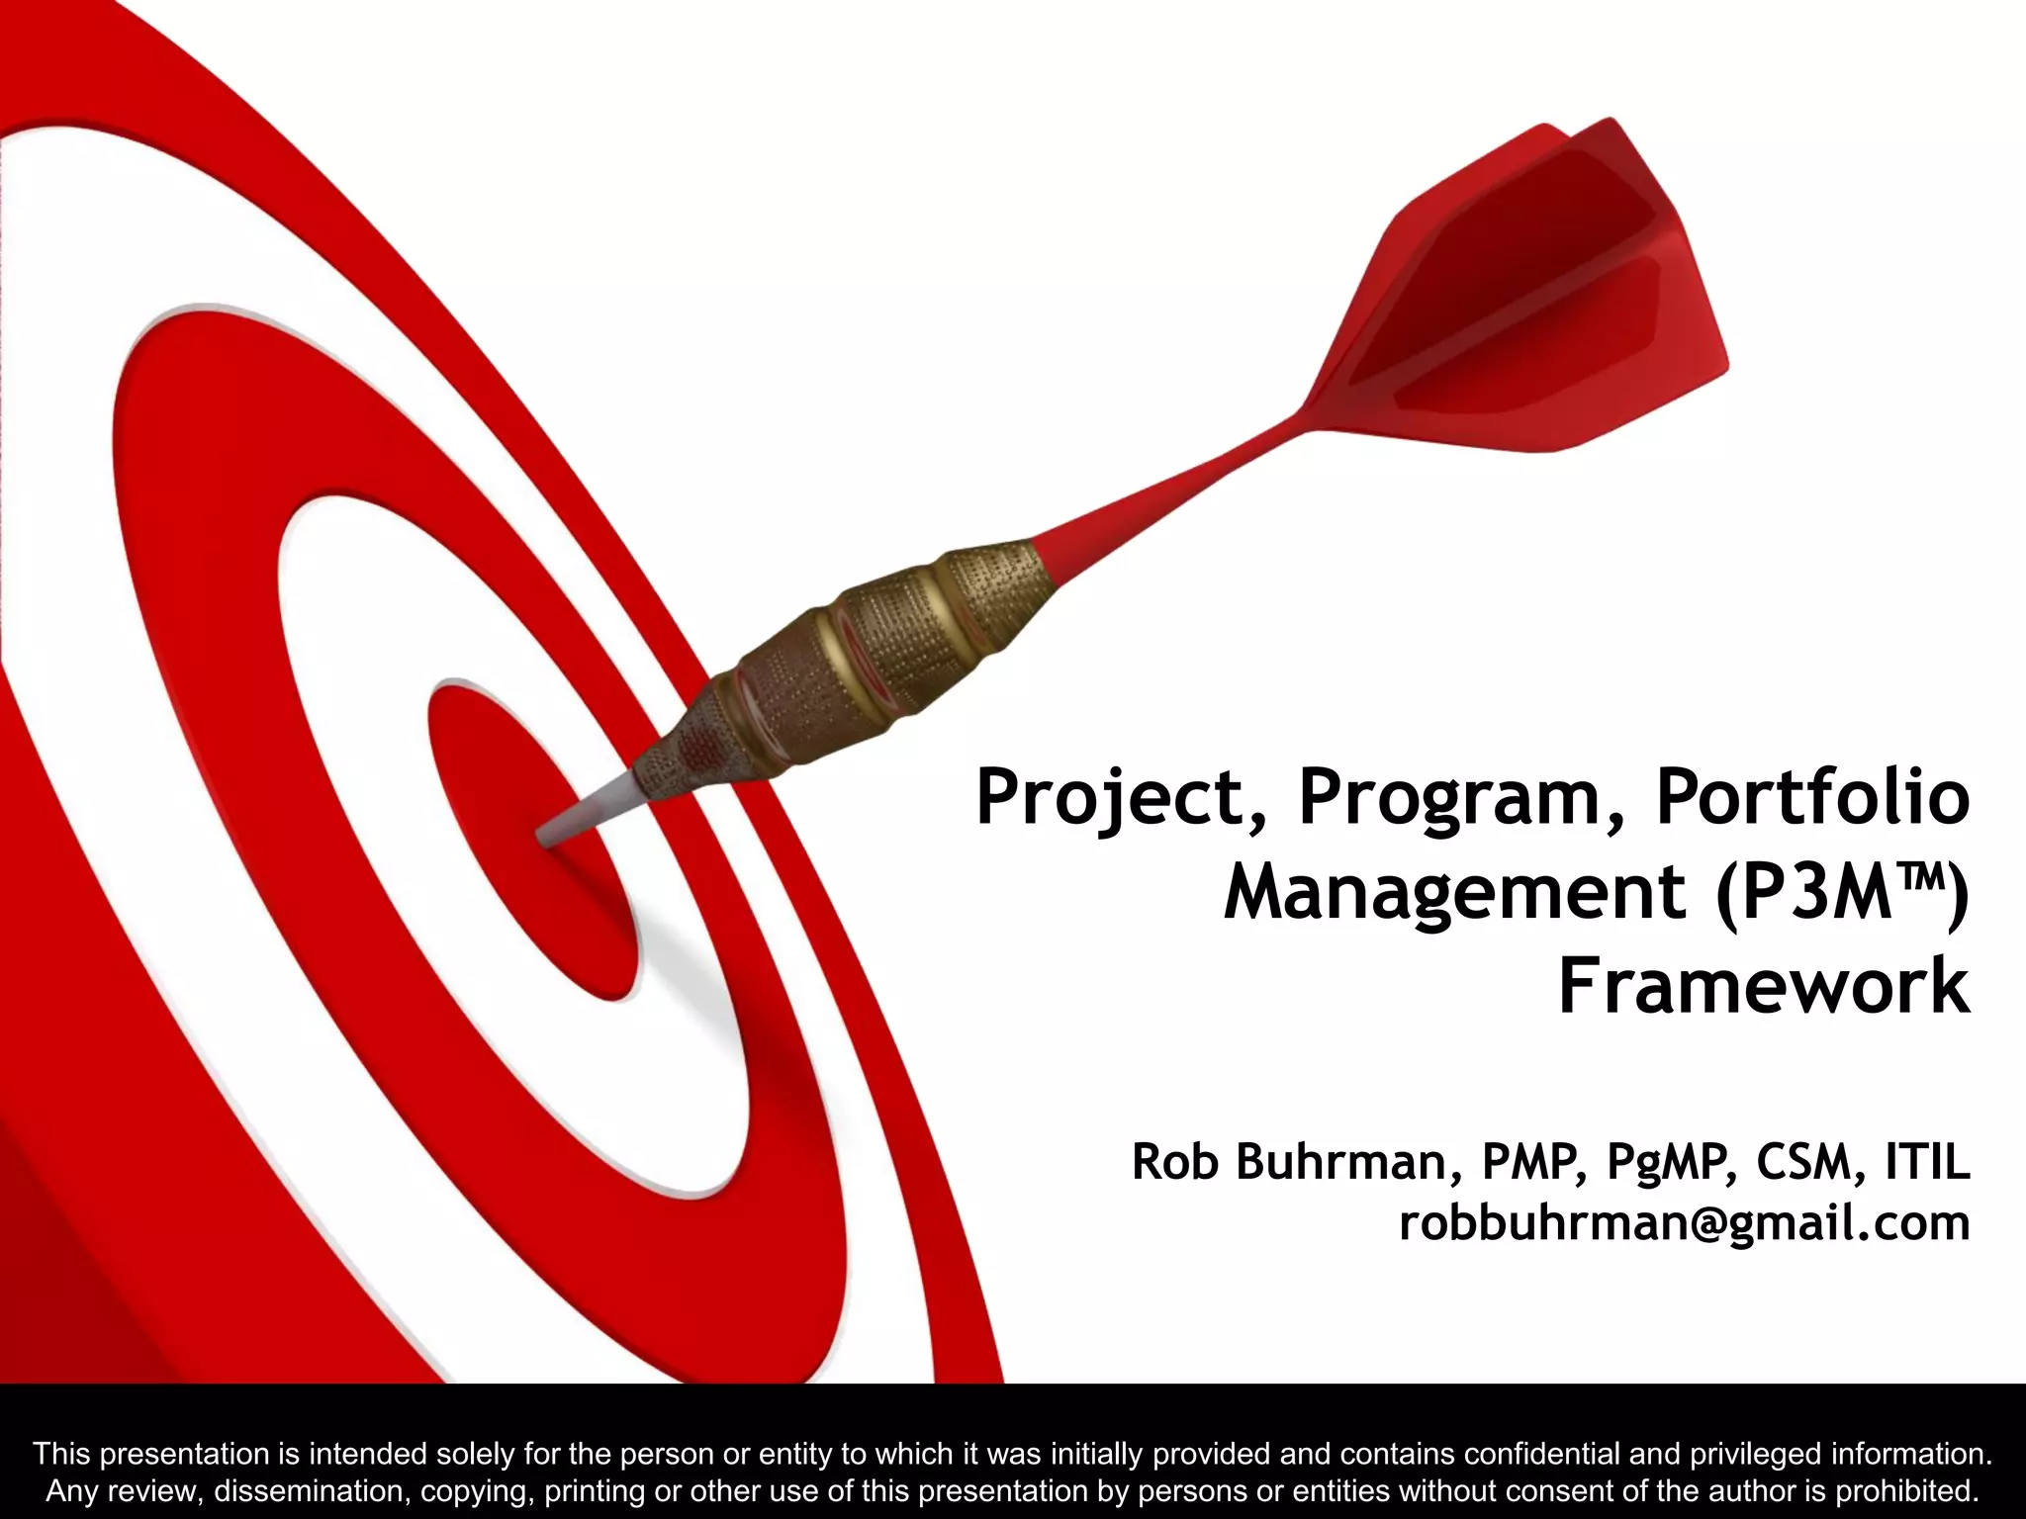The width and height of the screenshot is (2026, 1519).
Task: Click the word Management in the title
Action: click(1454, 893)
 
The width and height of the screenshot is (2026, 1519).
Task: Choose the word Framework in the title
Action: click(1764, 986)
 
